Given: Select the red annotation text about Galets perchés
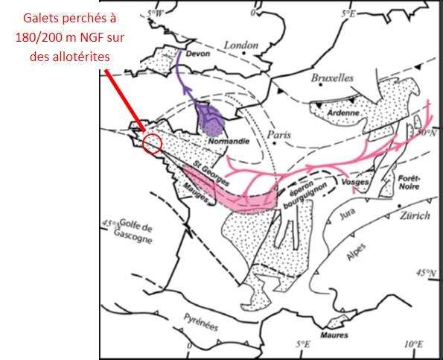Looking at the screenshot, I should (x=60, y=37).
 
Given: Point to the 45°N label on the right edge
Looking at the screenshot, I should (x=427, y=272).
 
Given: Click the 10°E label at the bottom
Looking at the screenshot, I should (x=412, y=345).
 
